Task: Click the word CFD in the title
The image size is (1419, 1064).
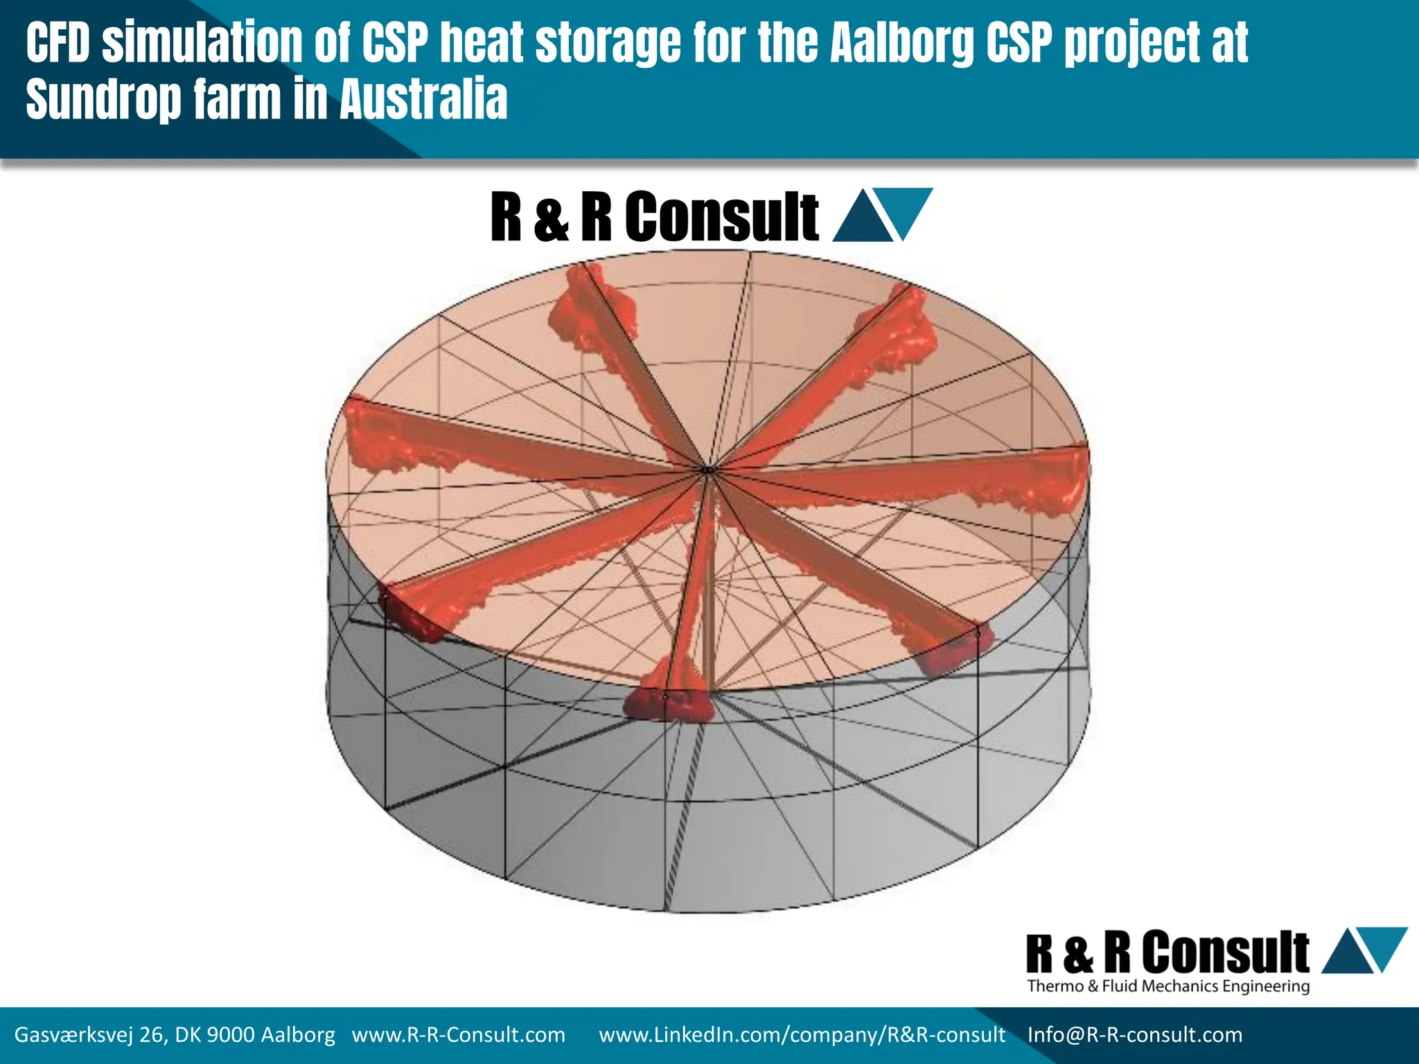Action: click(x=58, y=43)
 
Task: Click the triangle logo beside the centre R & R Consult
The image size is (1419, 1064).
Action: click(x=882, y=215)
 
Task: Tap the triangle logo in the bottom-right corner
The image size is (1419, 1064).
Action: click(x=1364, y=950)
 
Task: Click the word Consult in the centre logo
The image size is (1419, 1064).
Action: click(x=722, y=217)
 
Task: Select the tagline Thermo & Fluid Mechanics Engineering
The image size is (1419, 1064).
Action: click(x=1168, y=986)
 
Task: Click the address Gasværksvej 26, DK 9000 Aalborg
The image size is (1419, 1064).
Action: click(x=175, y=1035)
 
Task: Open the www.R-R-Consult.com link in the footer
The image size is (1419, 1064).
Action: click(x=458, y=1035)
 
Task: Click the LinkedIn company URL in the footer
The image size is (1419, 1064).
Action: click(x=802, y=1035)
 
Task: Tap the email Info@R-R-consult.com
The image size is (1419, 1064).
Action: click(x=1134, y=1035)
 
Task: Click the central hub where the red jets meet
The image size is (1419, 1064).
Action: click(x=708, y=471)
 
